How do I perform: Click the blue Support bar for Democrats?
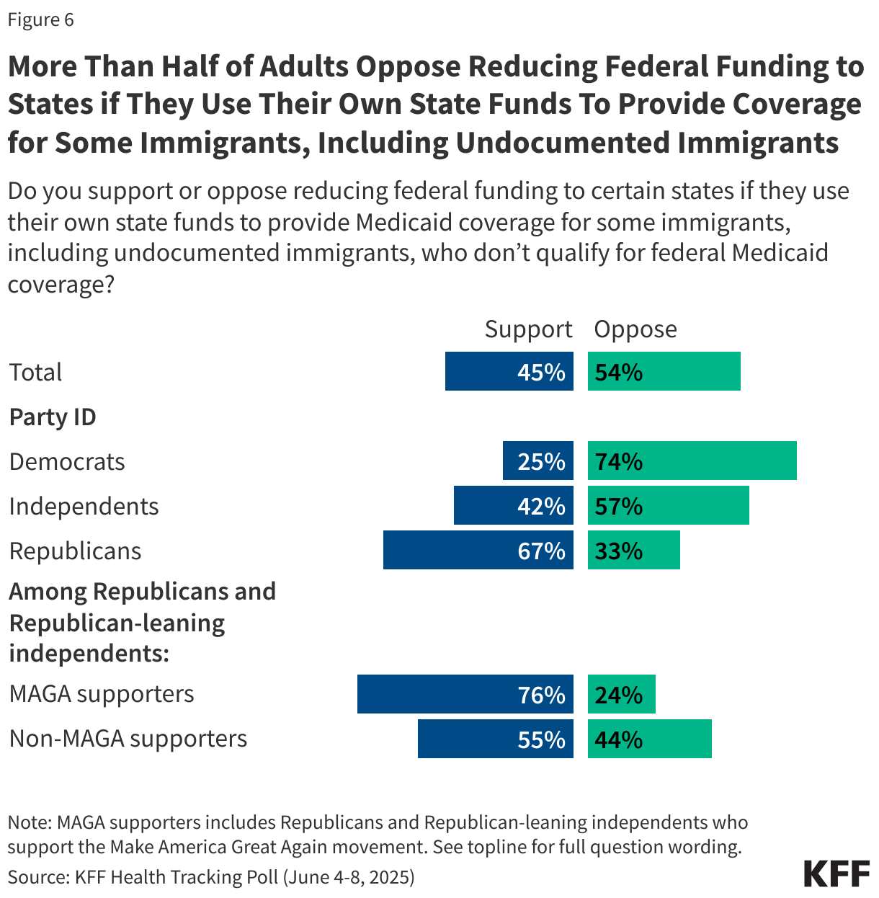click(537, 461)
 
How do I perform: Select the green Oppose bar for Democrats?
click(692, 461)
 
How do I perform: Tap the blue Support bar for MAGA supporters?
click(465, 694)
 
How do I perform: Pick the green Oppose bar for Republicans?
click(633, 550)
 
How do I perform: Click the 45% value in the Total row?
click(541, 372)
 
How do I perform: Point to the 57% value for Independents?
click(619, 506)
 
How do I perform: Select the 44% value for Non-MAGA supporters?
click(619, 739)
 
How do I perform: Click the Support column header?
click(528, 329)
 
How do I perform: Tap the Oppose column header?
click(635, 329)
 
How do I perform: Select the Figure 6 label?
click(41, 19)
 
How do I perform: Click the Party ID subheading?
click(53, 417)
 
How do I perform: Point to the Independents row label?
click(84, 506)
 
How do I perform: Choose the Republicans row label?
click(75, 551)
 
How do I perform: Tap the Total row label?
click(35, 372)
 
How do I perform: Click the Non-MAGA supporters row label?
click(128, 739)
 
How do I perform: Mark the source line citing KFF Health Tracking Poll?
click(211, 876)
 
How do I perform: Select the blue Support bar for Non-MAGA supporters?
click(495, 739)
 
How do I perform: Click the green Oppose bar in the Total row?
click(664, 371)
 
